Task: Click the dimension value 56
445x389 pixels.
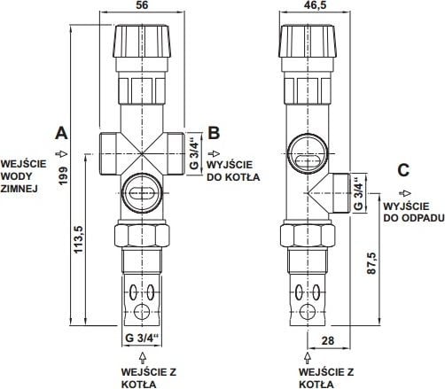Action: [142, 5]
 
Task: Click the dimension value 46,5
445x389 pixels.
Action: [315, 5]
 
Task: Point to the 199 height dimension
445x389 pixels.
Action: [63, 176]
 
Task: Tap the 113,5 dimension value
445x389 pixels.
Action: [79, 239]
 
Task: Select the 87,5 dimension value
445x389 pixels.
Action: [371, 263]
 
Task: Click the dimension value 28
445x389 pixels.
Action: [327, 340]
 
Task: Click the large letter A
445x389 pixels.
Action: [61, 133]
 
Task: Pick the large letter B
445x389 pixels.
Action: [214, 133]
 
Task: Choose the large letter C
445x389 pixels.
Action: [403, 170]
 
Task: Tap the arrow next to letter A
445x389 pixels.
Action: [61, 153]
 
